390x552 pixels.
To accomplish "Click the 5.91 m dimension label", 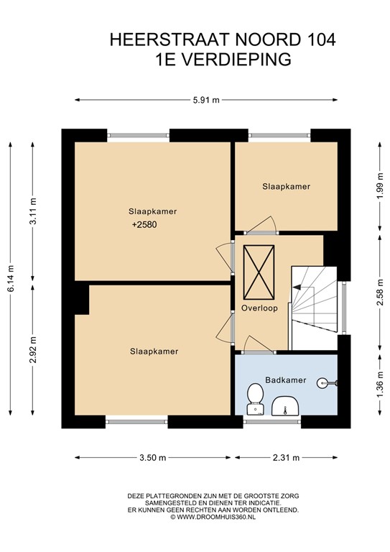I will pos(207,101).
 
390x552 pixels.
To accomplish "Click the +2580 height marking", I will pos(144,225).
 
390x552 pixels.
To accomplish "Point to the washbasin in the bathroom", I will pos(286,406).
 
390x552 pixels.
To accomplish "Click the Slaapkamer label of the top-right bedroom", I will pos(286,186).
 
